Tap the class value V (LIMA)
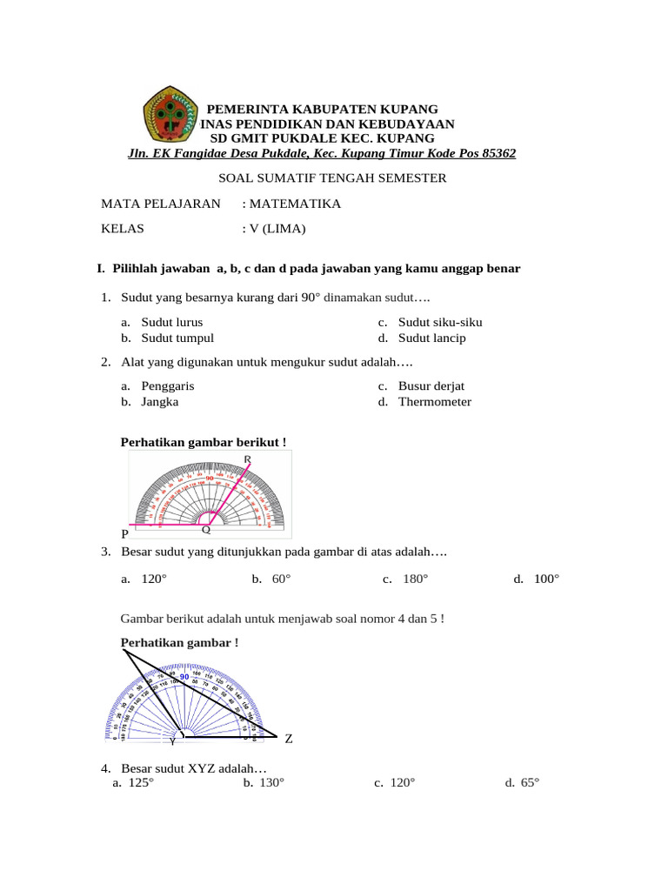point(278,230)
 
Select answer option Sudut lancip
point(431,338)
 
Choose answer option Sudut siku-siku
point(439,322)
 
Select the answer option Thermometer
point(434,402)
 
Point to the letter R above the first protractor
point(248,459)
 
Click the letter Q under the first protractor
point(206,529)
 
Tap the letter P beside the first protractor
point(125,533)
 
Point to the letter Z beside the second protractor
point(289,739)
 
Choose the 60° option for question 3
point(280,579)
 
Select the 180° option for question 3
point(415,579)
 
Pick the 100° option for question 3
point(546,579)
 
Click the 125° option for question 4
point(140,783)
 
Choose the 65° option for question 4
point(530,783)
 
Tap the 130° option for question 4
point(271,783)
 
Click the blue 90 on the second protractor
point(184,677)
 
